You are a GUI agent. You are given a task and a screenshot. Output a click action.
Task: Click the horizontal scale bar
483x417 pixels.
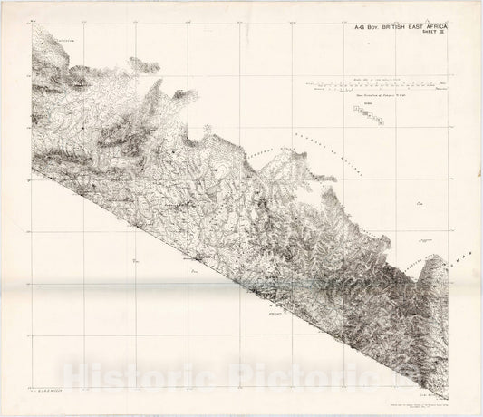click(x=382, y=88)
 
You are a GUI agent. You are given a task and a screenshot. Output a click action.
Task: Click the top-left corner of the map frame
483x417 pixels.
click(x=31, y=24)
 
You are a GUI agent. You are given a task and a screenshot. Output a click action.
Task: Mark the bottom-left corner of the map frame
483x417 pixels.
click(x=31, y=377)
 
